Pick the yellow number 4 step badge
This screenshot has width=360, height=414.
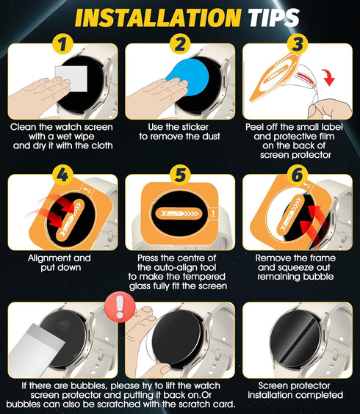(x=62, y=176)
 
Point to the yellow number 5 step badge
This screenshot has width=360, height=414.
(x=179, y=176)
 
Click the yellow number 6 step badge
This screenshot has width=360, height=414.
(x=296, y=176)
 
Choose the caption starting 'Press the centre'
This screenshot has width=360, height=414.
(x=179, y=272)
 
